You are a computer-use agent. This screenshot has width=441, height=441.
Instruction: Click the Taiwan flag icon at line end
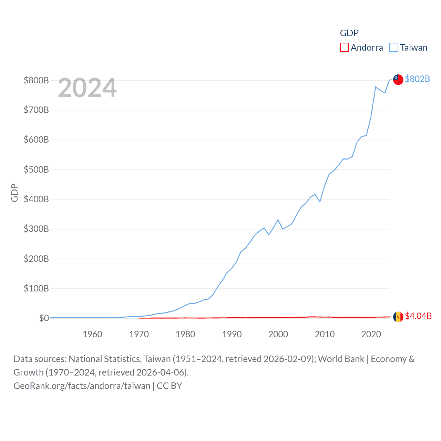pyautogui.click(x=398, y=79)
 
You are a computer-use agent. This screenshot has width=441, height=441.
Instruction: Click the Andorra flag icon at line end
pyautogui.click(x=398, y=317)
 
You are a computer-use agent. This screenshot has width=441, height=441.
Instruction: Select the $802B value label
pyautogui.click(x=417, y=79)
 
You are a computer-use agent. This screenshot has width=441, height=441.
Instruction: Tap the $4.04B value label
pyautogui.click(x=418, y=316)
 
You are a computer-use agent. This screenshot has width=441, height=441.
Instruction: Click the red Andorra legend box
pyautogui.click(x=344, y=47)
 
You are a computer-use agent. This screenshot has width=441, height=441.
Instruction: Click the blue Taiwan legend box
pyautogui.click(x=394, y=47)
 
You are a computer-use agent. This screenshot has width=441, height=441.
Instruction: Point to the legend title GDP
pyautogui.click(x=349, y=33)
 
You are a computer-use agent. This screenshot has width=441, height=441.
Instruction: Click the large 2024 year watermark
pyautogui.click(x=87, y=88)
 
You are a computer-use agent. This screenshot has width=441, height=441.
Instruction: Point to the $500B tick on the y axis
pyautogui.click(x=36, y=170)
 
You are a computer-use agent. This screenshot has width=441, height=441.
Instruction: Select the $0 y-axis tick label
pyautogui.click(x=44, y=318)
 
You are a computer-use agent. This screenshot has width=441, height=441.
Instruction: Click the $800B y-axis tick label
pyautogui.click(x=36, y=80)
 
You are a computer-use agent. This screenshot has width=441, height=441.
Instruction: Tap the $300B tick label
pyautogui.click(x=36, y=229)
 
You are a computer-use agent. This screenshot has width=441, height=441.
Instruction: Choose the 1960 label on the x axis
pyautogui.click(x=92, y=334)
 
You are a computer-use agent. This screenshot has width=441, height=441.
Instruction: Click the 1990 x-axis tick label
pyautogui.click(x=232, y=334)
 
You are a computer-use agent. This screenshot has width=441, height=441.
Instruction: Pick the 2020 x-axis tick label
pyautogui.click(x=371, y=334)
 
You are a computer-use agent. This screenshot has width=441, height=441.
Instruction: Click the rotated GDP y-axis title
pyautogui.click(x=14, y=193)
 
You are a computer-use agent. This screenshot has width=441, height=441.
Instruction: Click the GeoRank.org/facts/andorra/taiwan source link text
pyautogui.click(x=82, y=386)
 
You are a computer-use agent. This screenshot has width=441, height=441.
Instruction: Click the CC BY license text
pyautogui.click(x=169, y=386)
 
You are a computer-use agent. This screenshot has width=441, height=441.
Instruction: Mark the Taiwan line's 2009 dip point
pyautogui.click(x=320, y=202)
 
